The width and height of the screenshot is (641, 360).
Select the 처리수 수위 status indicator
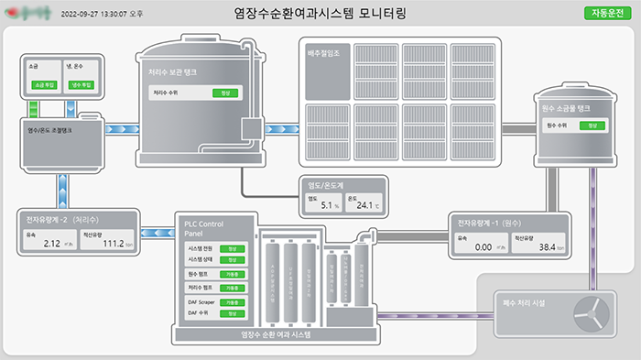(x=224, y=93)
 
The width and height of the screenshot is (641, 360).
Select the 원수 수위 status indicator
(x=592, y=125)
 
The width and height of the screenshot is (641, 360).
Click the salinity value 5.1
(x=330, y=205)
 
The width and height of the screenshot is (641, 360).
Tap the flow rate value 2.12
(x=51, y=244)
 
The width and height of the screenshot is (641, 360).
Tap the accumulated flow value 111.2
(x=113, y=244)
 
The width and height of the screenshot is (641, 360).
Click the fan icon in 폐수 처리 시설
(x=591, y=313)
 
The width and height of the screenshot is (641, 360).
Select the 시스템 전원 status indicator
(x=232, y=248)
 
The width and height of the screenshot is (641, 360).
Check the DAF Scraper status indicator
(x=232, y=301)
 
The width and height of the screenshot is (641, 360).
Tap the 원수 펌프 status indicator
(x=232, y=274)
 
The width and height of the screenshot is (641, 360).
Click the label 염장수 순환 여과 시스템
(x=275, y=335)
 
